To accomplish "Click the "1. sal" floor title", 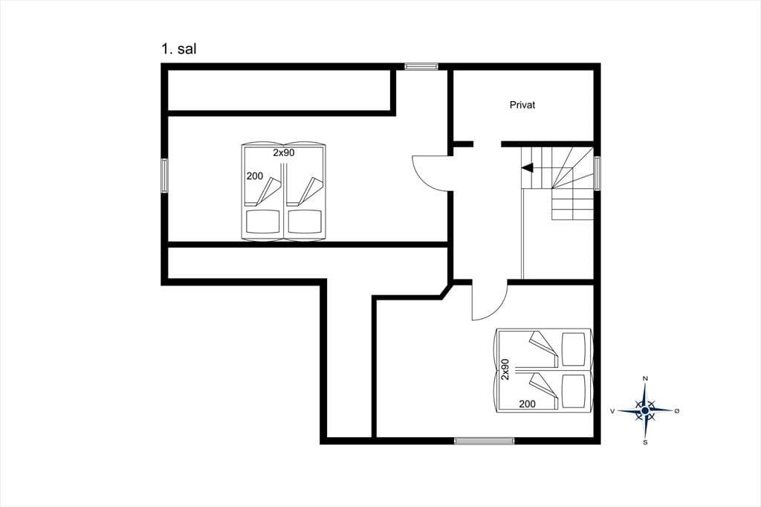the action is coord(178,49).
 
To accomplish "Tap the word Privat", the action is coord(522,105).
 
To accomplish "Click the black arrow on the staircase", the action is coord(527,167).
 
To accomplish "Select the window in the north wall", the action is coord(421,66).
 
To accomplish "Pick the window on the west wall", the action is coord(164,175).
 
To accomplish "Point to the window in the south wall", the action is coord(484,441).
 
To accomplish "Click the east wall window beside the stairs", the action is coord(597,173).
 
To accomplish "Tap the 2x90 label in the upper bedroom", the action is coord(283,152).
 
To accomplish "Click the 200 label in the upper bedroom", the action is coord(255,175).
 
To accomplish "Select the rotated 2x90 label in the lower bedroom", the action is coord(505,369).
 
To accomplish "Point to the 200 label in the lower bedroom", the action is coord(527,404).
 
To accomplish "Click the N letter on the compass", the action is coord(645,378).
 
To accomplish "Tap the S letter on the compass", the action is coord(645,442).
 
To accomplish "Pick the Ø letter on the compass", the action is coord(676,411).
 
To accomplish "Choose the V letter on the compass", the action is coord(612,411).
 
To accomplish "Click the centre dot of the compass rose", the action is coord(645,411).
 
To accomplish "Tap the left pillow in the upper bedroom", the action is coord(263,222).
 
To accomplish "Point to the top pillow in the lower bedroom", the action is coord(574,349).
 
